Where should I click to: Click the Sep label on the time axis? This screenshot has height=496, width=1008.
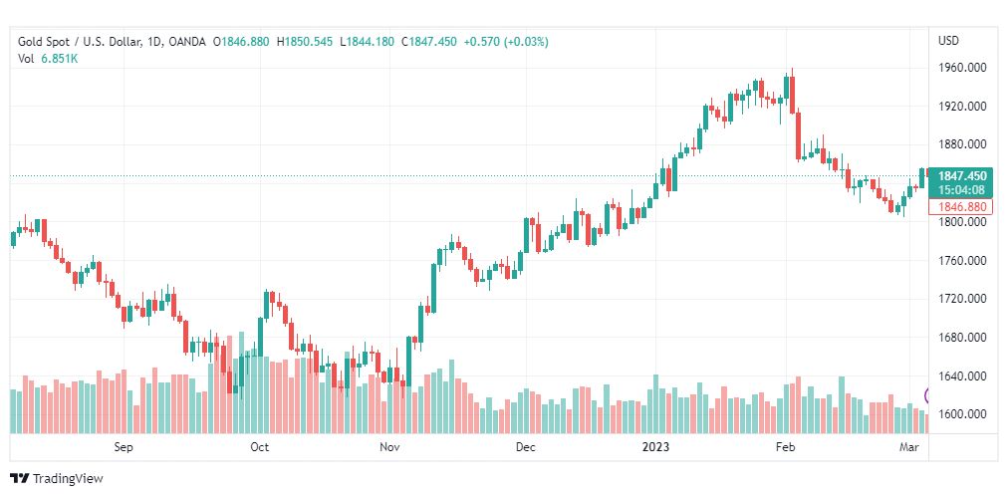[124, 447]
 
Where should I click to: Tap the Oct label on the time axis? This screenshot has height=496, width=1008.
[259, 447]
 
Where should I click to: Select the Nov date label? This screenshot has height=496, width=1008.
[389, 447]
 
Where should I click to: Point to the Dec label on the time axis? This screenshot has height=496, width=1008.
[526, 447]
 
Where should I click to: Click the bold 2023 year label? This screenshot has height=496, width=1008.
[655, 447]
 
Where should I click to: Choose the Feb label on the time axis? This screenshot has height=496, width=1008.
[786, 447]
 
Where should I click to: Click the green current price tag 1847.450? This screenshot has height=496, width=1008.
[961, 176]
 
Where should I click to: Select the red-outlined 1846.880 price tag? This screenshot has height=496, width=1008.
[961, 207]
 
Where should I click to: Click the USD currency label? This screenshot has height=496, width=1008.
[948, 41]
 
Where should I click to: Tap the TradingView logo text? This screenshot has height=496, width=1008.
[67, 479]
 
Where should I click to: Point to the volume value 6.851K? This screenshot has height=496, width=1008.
[59, 58]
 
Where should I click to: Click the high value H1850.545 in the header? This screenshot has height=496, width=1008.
[305, 41]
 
